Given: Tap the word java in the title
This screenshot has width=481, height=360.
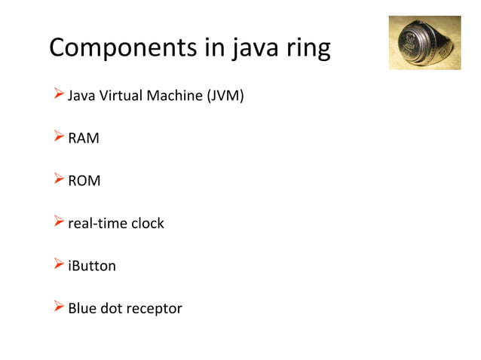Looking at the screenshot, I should click(256, 48).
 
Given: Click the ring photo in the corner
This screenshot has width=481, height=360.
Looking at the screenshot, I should click(424, 43).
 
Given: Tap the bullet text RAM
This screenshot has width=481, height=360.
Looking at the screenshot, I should click(84, 139).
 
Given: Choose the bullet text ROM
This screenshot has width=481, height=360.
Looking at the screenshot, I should click(84, 182).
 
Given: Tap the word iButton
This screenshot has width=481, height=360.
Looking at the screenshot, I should click(92, 266).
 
